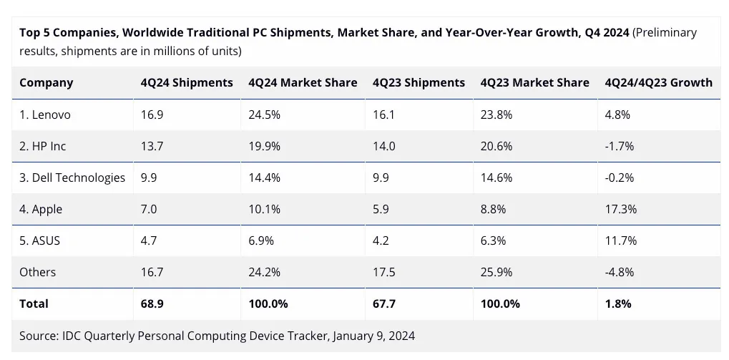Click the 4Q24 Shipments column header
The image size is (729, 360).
(x=187, y=82)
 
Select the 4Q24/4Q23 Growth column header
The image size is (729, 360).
(x=658, y=82)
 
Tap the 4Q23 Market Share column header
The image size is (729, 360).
(x=534, y=82)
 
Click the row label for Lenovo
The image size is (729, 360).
(x=45, y=115)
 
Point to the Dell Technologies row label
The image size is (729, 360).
(x=72, y=177)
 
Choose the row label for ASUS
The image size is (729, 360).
(x=40, y=240)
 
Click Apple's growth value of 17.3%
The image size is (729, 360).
(x=620, y=209)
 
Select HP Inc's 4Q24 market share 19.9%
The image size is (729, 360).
(x=264, y=146)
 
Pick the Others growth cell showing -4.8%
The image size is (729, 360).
(x=620, y=272)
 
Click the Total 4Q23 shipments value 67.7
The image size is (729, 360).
(x=385, y=303)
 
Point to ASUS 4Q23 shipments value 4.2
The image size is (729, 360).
(x=381, y=240)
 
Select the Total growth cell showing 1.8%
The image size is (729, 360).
(x=618, y=303)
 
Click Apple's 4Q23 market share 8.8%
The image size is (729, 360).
(x=493, y=209)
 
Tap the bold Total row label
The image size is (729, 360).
(x=34, y=303)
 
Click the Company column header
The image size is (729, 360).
(x=46, y=82)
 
